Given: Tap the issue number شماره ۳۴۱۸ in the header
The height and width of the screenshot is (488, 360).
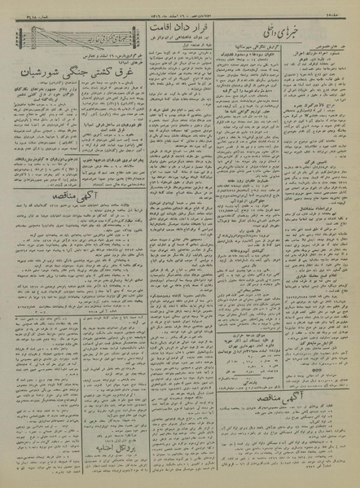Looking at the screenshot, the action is click(24, 13).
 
